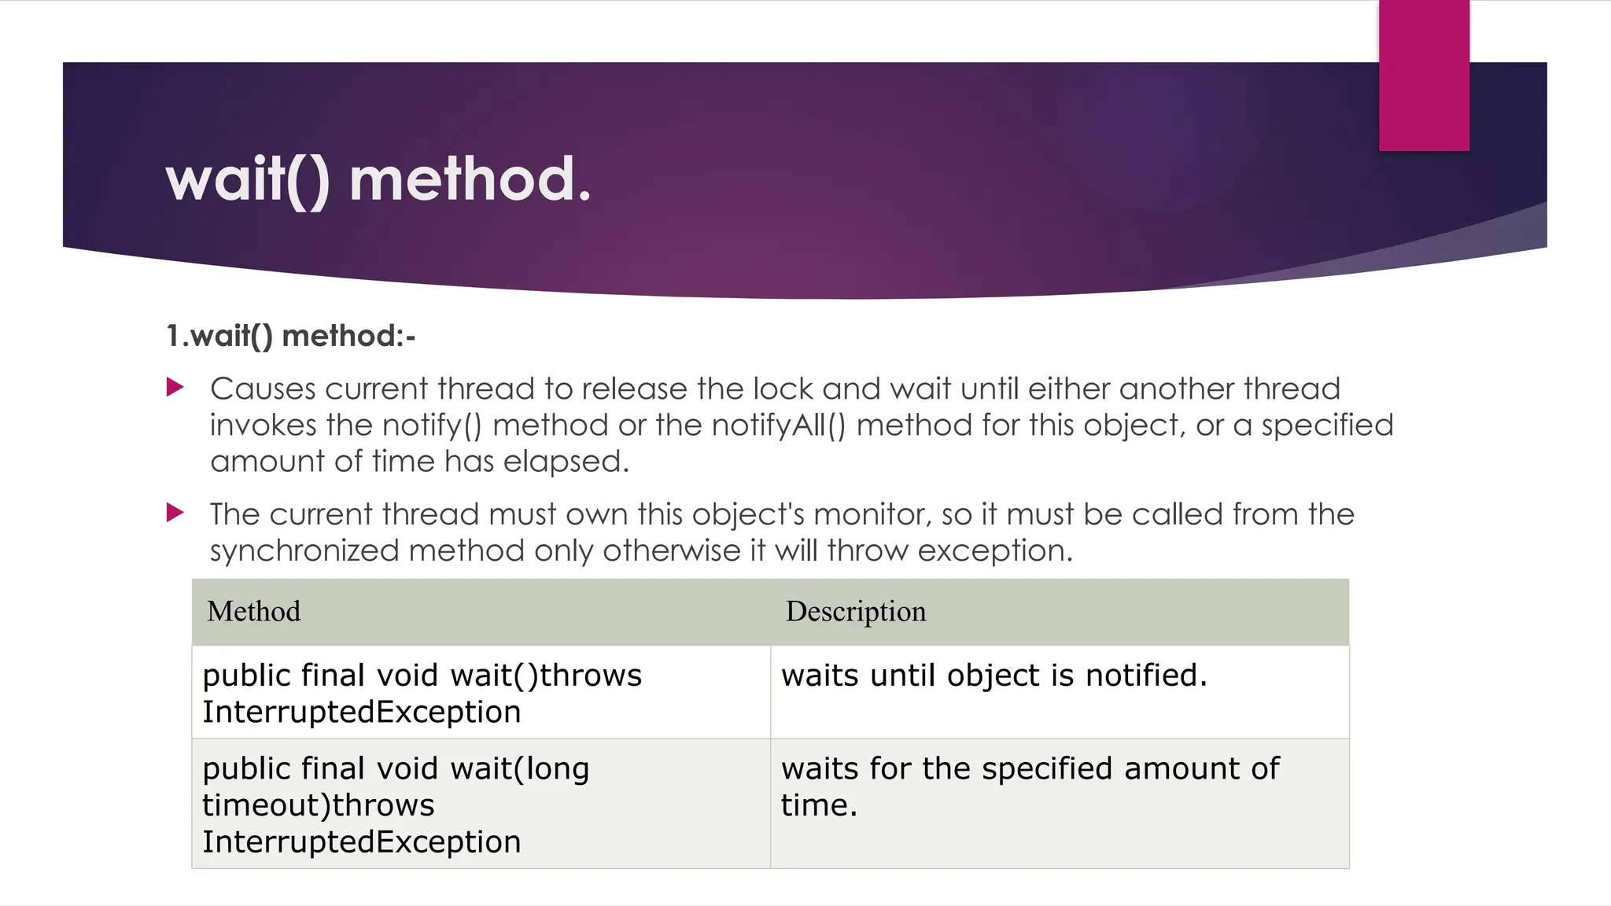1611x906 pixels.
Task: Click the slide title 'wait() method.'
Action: click(378, 180)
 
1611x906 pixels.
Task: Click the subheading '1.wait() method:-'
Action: click(290, 337)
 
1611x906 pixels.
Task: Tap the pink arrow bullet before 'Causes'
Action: click(175, 387)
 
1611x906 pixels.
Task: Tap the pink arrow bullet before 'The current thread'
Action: click(175, 514)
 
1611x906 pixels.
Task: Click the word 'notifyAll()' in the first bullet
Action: click(778, 425)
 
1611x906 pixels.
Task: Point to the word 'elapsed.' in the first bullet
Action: click(566, 462)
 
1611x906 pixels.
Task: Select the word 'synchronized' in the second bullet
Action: click(304, 551)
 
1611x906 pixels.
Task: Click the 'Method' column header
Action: click(253, 612)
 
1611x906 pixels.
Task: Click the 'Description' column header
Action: click(856, 612)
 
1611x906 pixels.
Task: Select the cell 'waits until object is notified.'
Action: click(994, 676)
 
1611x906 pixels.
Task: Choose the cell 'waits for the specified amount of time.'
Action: click(1030, 786)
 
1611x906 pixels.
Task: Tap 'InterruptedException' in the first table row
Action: click(362, 713)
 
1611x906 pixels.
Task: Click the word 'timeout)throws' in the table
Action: click(318, 805)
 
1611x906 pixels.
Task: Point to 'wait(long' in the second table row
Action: click(520, 769)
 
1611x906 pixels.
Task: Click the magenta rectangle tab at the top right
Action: click(1424, 75)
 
